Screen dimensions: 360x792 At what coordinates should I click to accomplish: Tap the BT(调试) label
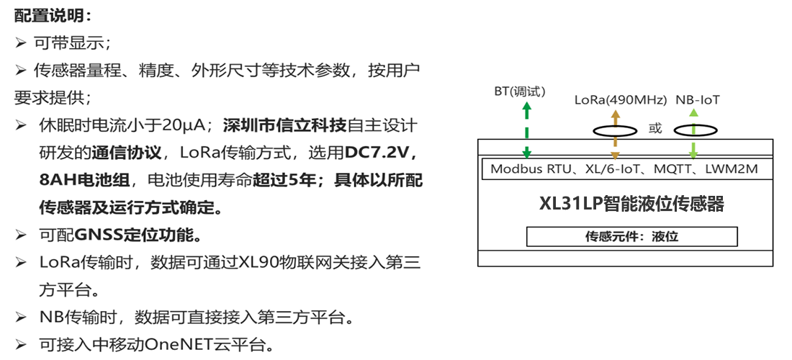[x=520, y=91]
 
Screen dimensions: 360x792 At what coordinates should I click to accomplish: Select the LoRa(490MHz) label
[x=621, y=100]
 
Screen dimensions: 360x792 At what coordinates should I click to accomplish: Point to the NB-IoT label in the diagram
[x=698, y=100]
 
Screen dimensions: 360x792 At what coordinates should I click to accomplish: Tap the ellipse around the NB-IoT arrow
[x=695, y=131]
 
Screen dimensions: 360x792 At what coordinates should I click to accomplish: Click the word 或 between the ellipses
[x=654, y=130]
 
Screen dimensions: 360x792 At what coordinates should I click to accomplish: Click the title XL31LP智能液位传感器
[x=631, y=204]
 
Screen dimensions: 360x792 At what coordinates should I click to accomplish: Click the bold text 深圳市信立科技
[x=285, y=125]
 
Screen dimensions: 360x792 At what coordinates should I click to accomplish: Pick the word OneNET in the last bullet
[x=179, y=344]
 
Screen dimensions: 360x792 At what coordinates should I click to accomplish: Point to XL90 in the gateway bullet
[x=256, y=262]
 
